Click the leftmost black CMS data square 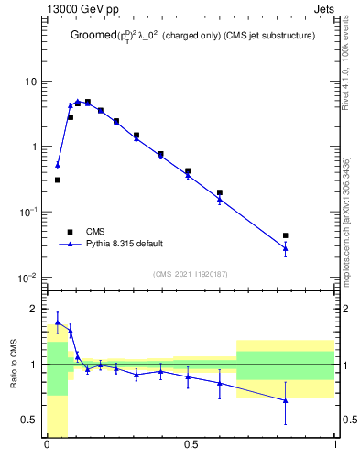click(x=57, y=180)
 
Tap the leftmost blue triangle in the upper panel click(x=57, y=166)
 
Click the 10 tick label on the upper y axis click(x=29, y=82)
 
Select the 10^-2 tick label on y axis click(x=27, y=277)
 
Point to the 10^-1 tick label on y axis click(x=27, y=212)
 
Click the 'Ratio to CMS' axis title click(x=14, y=364)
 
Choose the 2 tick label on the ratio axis click(x=35, y=309)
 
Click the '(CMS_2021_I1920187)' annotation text click(x=191, y=273)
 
